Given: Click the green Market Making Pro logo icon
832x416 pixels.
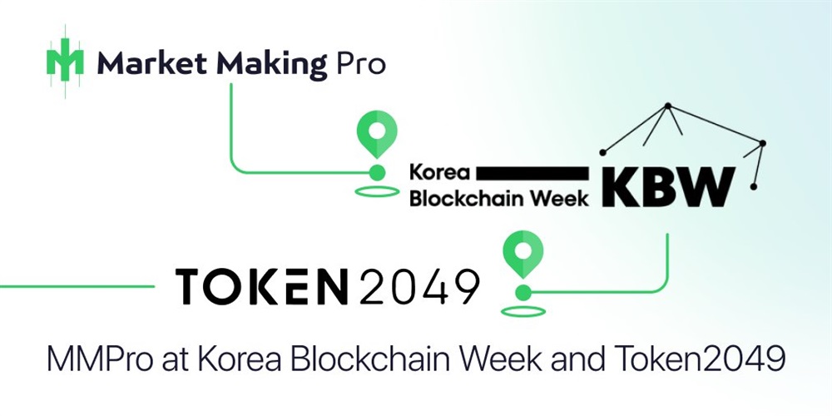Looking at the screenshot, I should coord(65,62).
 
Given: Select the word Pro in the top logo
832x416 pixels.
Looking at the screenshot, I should coord(361,63).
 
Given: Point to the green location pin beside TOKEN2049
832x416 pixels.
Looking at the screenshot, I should coord(523,253).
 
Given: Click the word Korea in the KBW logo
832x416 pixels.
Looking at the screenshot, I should coord(440,173).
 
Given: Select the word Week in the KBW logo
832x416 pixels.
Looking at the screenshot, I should coord(562,198).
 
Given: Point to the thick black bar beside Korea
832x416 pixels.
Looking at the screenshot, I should coord(532,172).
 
